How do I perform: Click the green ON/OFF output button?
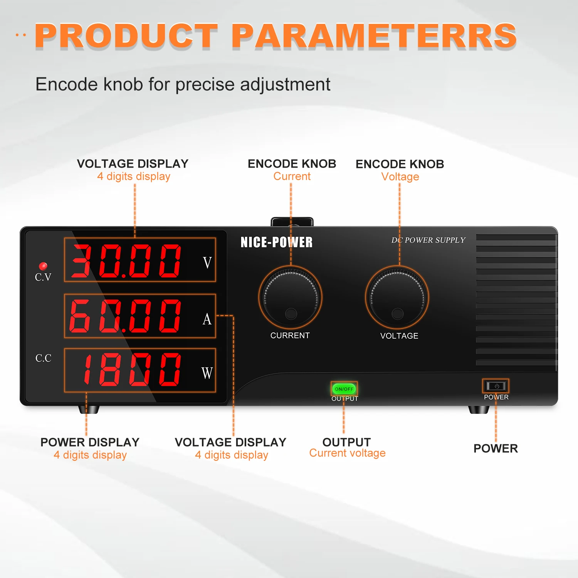[x=344, y=389]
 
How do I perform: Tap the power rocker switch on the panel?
[x=496, y=386]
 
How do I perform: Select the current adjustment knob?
[x=290, y=297]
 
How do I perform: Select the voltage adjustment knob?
[x=397, y=297]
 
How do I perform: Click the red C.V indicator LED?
[x=43, y=266]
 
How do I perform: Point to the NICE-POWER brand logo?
[x=276, y=242]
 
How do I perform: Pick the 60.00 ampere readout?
[x=126, y=316]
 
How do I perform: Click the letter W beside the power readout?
[x=207, y=373]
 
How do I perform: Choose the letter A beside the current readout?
[x=207, y=319]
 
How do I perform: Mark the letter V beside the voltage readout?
[x=207, y=263]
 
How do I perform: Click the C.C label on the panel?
[x=43, y=358]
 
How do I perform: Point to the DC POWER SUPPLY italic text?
[x=428, y=240]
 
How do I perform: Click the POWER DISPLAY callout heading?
[x=90, y=442]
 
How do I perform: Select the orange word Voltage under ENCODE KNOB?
[x=400, y=177]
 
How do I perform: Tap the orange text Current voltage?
[x=347, y=453]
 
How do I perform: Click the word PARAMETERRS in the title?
[x=374, y=36]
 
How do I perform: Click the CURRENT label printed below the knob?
[x=290, y=336]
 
